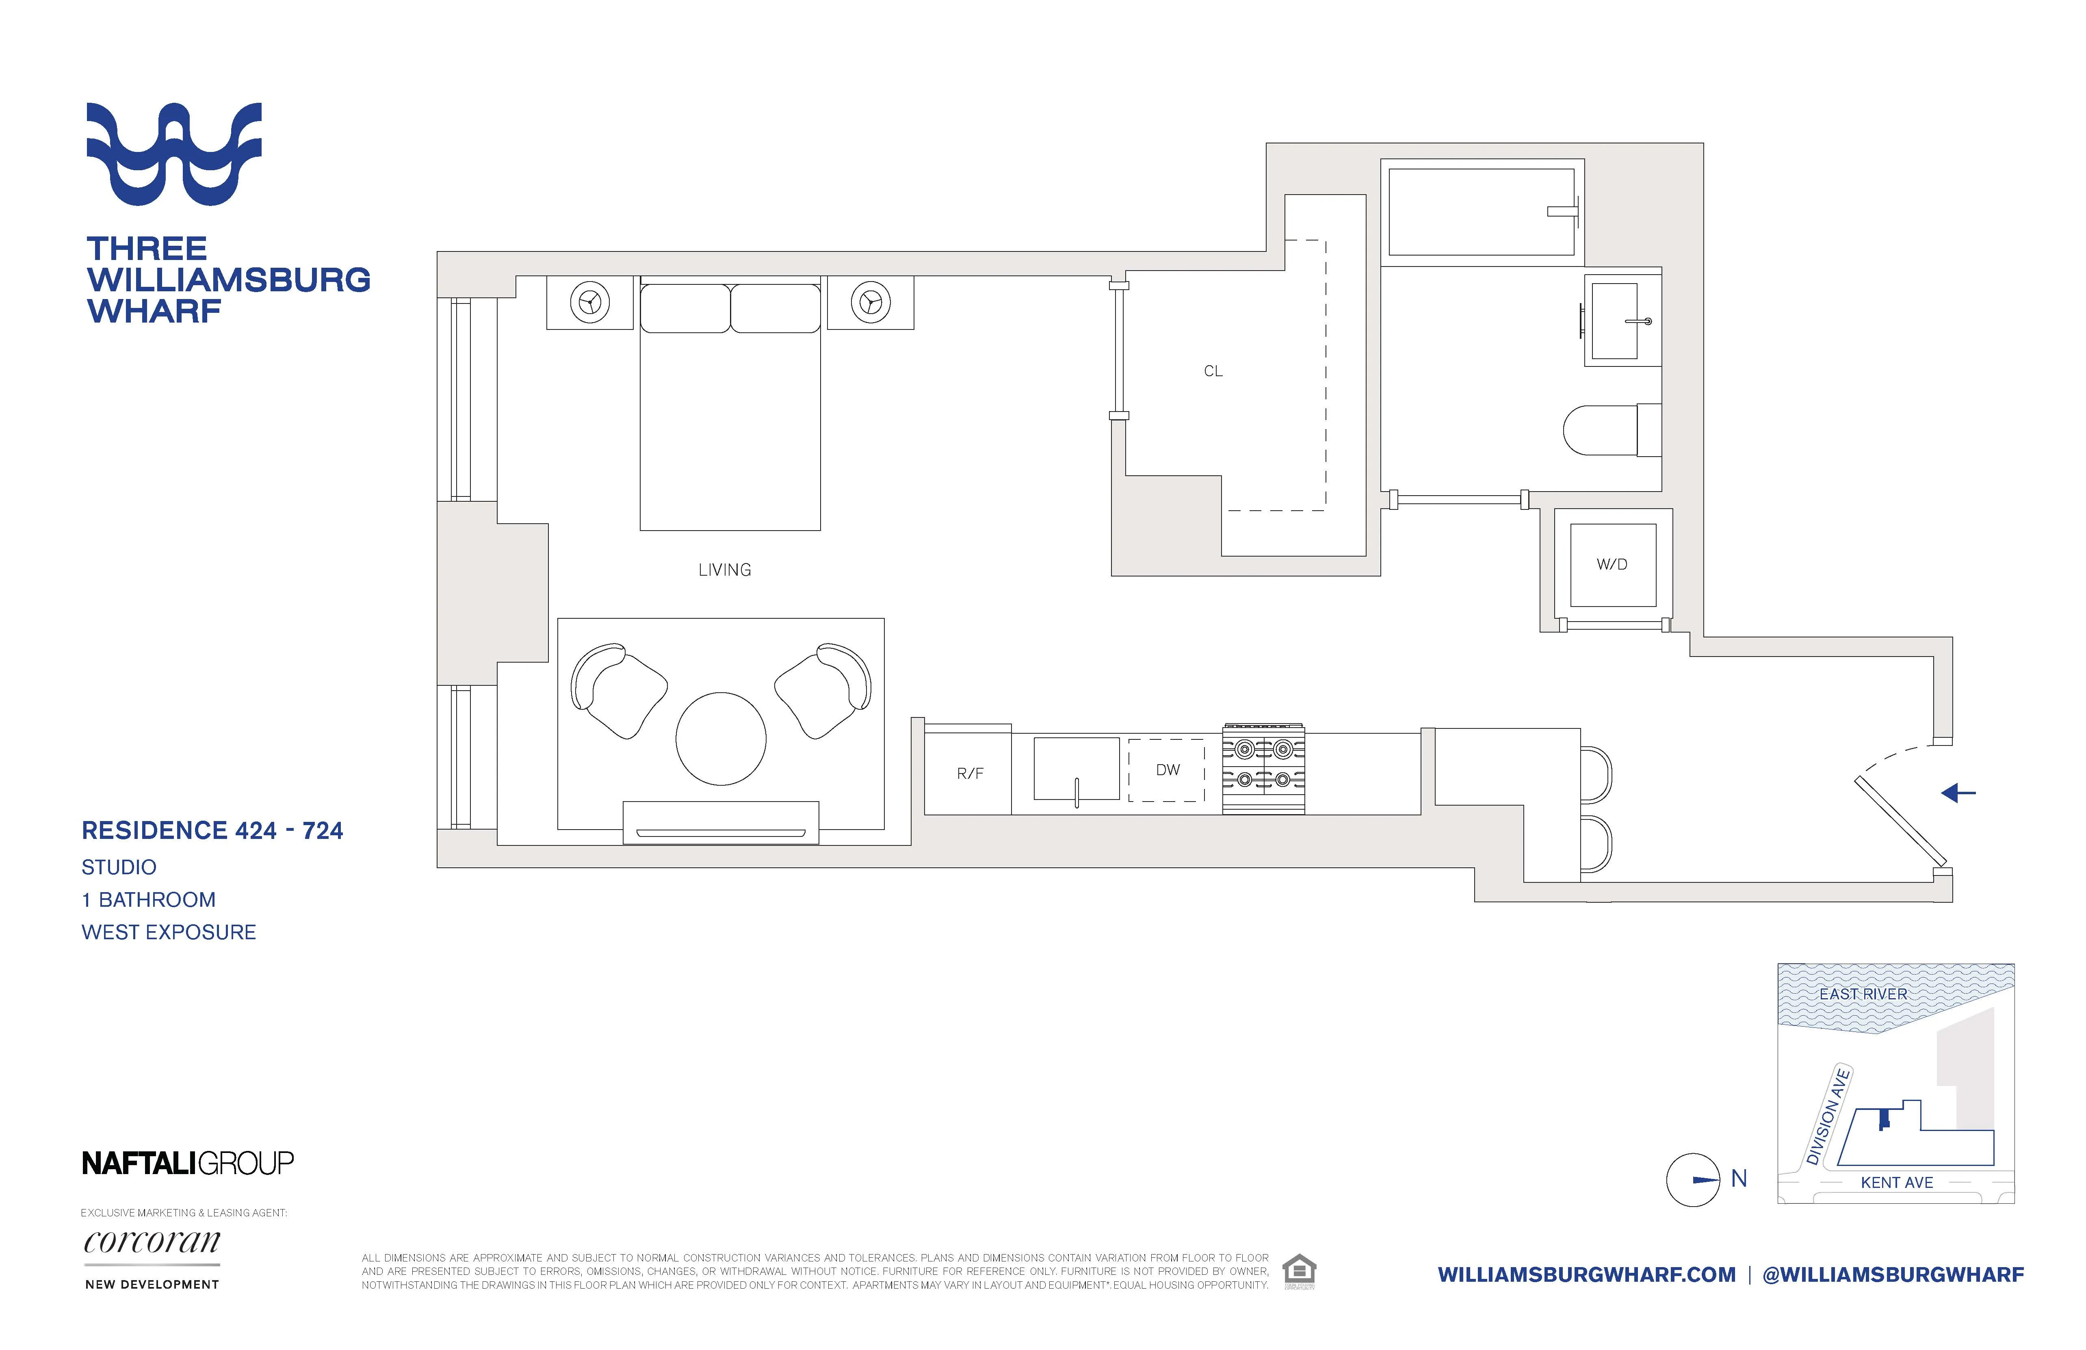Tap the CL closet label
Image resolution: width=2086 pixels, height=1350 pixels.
pos(1213,372)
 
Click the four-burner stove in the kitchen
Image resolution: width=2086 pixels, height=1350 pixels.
pos(1263,769)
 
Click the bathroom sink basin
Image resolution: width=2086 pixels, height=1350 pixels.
pos(1614,321)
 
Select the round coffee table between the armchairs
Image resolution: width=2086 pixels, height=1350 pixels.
pos(721,738)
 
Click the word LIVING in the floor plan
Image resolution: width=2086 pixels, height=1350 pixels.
pos(724,570)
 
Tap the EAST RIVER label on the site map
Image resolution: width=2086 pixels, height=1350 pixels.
pos(1863,994)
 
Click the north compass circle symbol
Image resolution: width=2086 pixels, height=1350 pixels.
pos(1692,1180)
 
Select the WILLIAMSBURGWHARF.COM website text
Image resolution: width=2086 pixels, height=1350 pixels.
pos(1586,1274)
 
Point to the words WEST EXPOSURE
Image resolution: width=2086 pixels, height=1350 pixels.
pos(168,933)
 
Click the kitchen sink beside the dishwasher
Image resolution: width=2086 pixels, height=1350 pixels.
pos(1076,769)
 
